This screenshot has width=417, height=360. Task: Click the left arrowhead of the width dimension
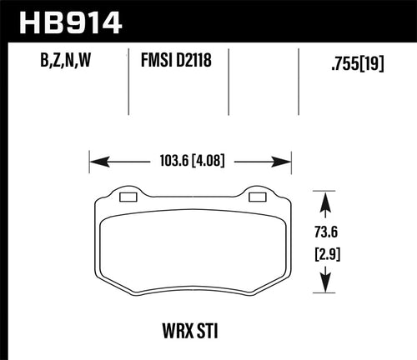pos(94,160)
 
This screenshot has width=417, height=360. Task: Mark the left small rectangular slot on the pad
pos(128,197)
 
